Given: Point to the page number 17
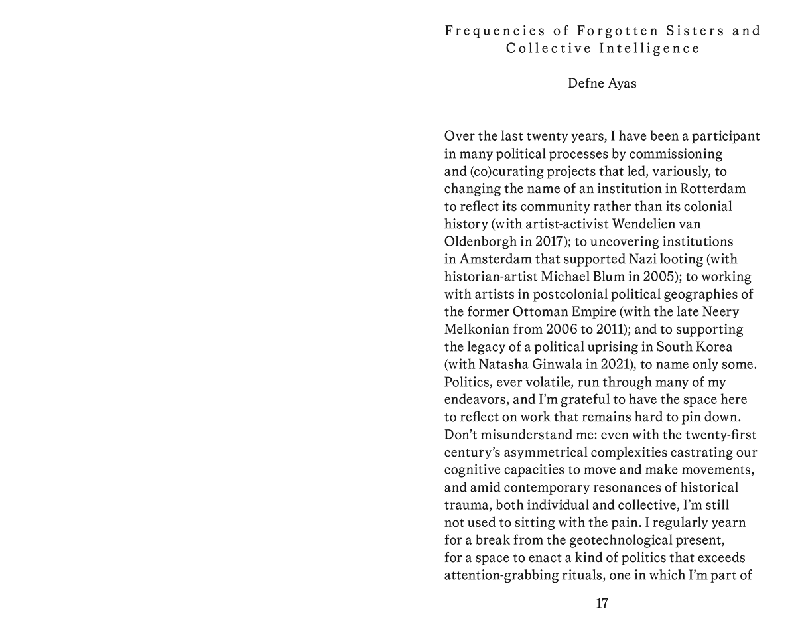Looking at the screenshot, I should [x=602, y=604].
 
